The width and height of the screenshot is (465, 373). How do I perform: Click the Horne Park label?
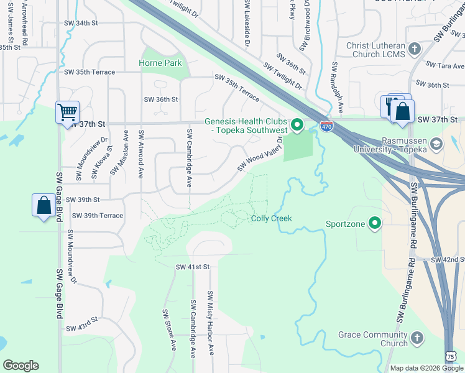click(x=160, y=63)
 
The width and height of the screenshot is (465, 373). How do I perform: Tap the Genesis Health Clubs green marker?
click(x=297, y=126)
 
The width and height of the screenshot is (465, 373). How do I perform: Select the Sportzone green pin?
click(x=374, y=223)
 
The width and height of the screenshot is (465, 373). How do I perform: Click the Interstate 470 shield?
click(x=326, y=126)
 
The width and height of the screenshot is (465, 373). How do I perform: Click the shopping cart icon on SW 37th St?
click(x=67, y=113)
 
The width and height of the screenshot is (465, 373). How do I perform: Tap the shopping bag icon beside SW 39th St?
click(x=44, y=205)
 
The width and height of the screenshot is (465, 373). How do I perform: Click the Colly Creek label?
click(x=271, y=218)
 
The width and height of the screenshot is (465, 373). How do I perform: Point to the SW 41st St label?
click(x=193, y=267)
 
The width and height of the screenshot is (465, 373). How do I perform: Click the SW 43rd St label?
click(x=82, y=324)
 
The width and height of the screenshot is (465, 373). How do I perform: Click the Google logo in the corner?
click(x=21, y=366)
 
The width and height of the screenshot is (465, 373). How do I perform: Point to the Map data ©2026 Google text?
click(x=426, y=368)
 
